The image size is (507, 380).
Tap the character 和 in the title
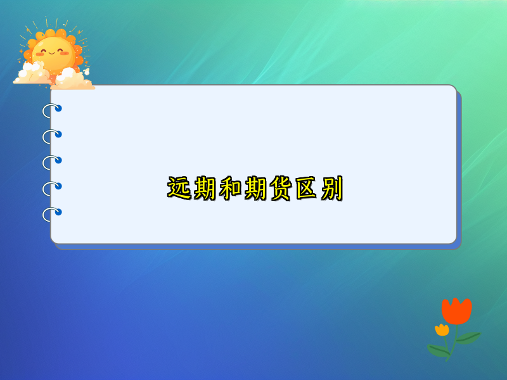pyautogui.click(x=230, y=189)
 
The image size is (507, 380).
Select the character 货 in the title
pyautogui.click(x=281, y=189)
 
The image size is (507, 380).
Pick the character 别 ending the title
pyautogui.click(x=331, y=189)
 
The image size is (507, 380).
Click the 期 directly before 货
pyautogui.click(x=255, y=189)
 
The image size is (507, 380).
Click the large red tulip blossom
pyautogui.click(x=456, y=310)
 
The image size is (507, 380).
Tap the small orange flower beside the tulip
pyautogui.click(x=442, y=329)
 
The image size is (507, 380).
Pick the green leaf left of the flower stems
pyautogui.click(x=438, y=349)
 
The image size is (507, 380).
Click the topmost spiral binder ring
pyautogui.click(x=51, y=111)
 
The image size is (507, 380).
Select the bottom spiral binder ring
pyautogui.click(x=51, y=214)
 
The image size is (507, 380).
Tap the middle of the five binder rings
pyautogui.click(x=51, y=162)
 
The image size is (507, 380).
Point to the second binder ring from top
pyautogui.click(x=51, y=136)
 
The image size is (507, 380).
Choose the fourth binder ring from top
pyautogui.click(x=51, y=188)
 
